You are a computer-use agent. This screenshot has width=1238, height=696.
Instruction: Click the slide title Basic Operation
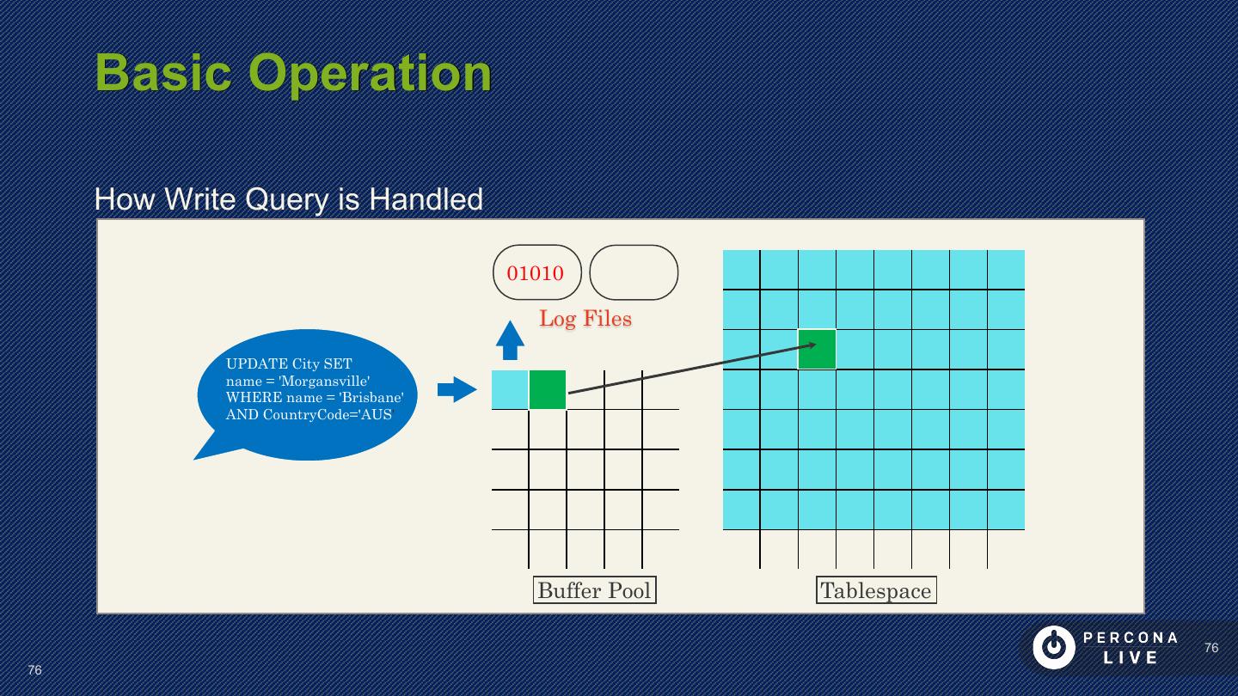pyautogui.click(x=292, y=72)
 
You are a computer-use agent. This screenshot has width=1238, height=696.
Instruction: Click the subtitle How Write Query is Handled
pyautogui.click(x=288, y=199)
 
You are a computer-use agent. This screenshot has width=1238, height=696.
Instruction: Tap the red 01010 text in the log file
pyautogui.click(x=535, y=273)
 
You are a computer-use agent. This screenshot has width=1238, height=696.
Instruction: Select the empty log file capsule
pyautogui.click(x=634, y=272)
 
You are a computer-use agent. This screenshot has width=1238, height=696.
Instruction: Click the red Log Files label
pyautogui.click(x=585, y=319)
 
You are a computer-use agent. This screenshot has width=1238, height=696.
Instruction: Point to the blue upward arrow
pyautogui.click(x=510, y=339)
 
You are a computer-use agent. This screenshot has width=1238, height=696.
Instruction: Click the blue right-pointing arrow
pyautogui.click(x=457, y=389)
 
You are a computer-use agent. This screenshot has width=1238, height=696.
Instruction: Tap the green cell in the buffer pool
pyautogui.click(x=548, y=389)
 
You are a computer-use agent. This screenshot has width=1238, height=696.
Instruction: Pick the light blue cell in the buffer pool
pyautogui.click(x=510, y=389)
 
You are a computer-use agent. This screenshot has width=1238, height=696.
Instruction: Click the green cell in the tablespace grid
pyautogui.click(x=817, y=350)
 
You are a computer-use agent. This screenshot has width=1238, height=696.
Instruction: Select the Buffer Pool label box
pyautogui.click(x=594, y=590)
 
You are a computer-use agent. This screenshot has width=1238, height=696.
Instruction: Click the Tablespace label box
pyautogui.click(x=875, y=590)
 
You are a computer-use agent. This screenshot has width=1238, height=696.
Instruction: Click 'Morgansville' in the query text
pyautogui.click(x=324, y=381)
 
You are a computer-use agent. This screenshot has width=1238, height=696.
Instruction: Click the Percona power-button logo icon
pyautogui.click(x=1053, y=647)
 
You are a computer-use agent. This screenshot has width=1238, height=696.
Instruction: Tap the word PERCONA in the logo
pyautogui.click(x=1131, y=638)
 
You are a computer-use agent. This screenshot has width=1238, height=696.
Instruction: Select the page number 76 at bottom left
pyautogui.click(x=34, y=670)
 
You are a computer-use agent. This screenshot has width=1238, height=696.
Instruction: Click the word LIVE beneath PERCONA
pyautogui.click(x=1131, y=658)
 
